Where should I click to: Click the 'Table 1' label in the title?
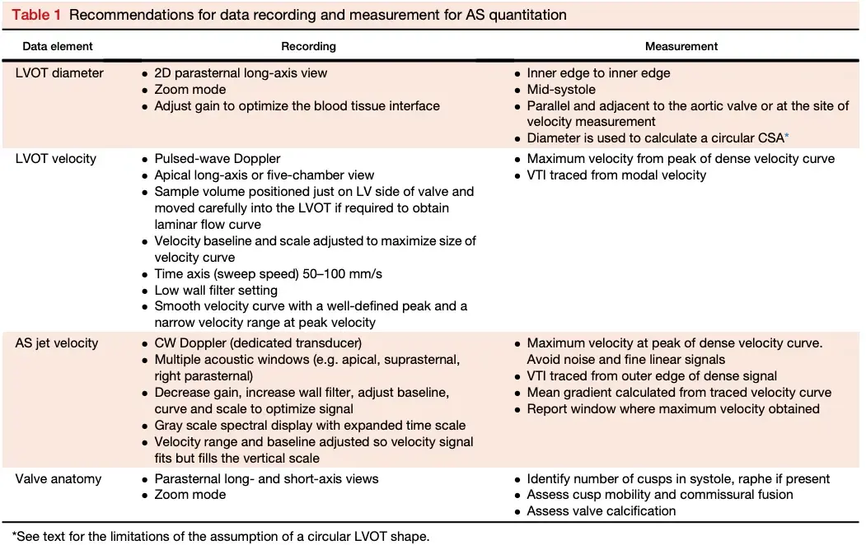tap(36, 15)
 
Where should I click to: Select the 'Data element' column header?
tap(58, 46)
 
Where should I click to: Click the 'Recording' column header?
tap(308, 46)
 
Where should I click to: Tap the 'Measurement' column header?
tap(681, 46)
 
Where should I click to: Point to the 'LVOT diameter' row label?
tap(60, 72)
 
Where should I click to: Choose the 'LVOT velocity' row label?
tap(57, 158)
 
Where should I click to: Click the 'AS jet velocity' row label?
tap(56, 342)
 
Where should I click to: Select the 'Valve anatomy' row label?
tap(58, 478)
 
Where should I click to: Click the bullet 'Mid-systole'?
tap(561, 89)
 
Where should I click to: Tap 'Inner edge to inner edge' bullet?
tap(598, 72)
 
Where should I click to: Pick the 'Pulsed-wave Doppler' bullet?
tap(218, 158)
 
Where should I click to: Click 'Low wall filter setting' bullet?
tap(216, 290)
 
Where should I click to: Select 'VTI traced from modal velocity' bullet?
tap(616, 175)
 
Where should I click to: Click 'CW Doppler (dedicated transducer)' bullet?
tap(258, 342)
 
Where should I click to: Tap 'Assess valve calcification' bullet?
tap(602, 511)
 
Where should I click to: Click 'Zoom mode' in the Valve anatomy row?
tap(190, 495)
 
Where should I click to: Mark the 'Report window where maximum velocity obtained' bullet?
tap(673, 408)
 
